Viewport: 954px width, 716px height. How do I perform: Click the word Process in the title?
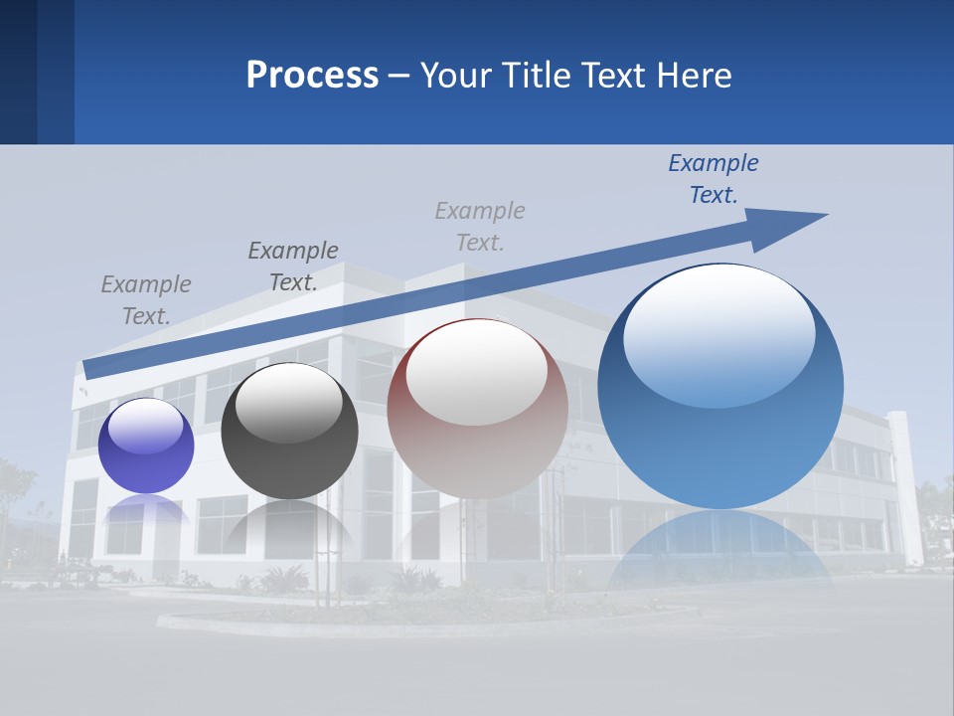click(312, 76)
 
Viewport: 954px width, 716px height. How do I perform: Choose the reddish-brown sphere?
click(477, 408)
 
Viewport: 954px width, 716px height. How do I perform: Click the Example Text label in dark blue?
click(713, 179)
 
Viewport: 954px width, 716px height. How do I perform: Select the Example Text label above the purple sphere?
click(145, 300)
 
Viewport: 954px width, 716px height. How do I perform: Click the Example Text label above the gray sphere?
click(292, 267)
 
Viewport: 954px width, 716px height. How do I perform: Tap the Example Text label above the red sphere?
click(479, 227)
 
